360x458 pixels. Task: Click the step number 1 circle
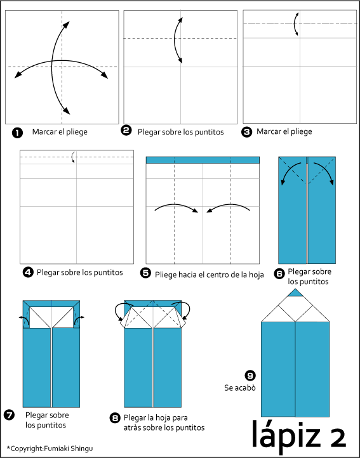click(17, 133)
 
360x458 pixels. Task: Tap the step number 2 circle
click(126, 130)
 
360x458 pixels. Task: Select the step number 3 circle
click(246, 132)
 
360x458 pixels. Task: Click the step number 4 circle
click(28, 273)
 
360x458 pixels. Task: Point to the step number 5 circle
click(145, 273)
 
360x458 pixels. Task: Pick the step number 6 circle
click(279, 274)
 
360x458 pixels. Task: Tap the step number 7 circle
click(10, 415)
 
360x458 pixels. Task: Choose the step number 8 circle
click(115, 418)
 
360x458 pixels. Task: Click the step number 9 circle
click(250, 376)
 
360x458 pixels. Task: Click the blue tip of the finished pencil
click(295, 293)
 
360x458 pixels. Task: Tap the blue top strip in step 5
click(203, 160)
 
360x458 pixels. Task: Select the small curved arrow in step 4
click(73, 157)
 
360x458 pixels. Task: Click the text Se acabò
click(240, 388)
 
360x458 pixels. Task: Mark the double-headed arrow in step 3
click(295, 24)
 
